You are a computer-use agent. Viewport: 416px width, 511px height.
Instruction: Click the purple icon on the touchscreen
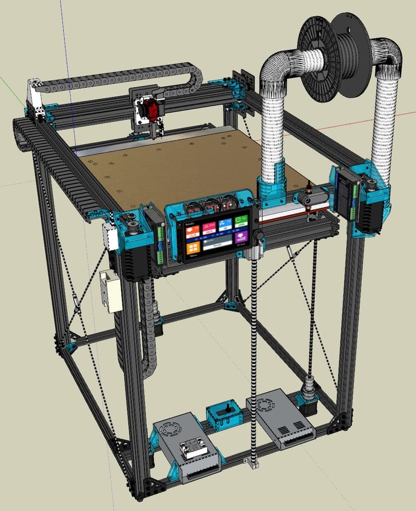(241, 238)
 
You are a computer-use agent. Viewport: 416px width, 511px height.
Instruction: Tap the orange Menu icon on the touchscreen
(193, 248)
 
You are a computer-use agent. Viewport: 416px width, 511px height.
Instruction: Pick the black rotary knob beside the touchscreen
(258, 235)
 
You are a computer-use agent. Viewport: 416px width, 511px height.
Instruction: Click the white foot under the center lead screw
(253, 464)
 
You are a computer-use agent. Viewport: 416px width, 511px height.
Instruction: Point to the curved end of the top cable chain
(195, 74)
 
